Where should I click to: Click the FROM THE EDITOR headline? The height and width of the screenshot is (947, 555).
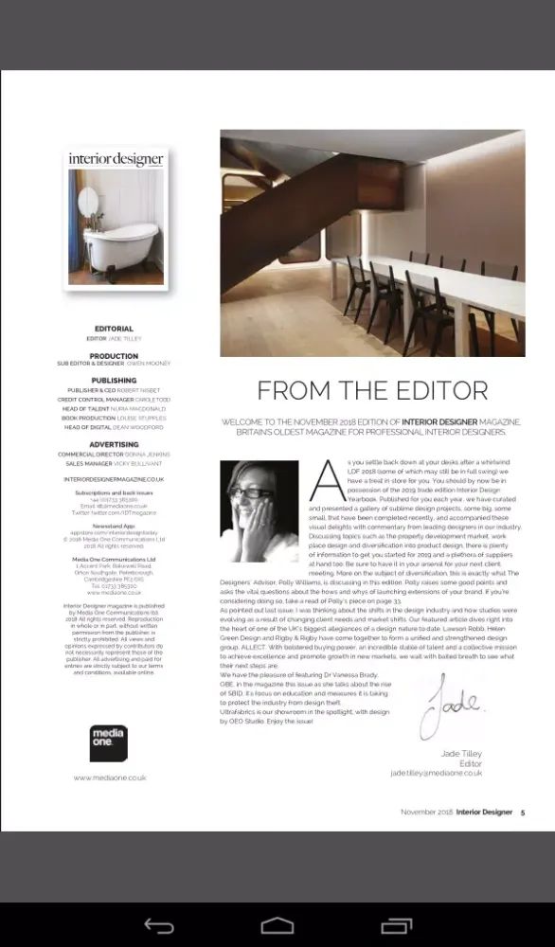(372, 391)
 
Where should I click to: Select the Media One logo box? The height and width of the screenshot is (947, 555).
(108, 743)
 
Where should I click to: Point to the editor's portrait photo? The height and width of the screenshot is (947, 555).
(260, 509)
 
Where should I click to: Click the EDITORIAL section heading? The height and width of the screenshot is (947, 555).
(114, 329)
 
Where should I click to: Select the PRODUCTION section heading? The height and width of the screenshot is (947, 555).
(114, 356)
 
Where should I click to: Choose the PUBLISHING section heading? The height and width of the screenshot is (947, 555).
(114, 381)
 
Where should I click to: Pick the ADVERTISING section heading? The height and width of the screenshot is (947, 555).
(114, 444)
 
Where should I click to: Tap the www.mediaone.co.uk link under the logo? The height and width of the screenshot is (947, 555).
(110, 777)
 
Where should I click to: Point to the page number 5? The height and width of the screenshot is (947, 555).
(522, 813)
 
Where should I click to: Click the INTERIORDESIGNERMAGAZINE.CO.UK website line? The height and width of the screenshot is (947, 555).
(114, 480)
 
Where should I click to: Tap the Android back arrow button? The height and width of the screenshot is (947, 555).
(159, 924)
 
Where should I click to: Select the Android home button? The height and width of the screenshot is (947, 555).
(277, 924)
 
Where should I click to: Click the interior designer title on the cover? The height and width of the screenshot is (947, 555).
(116, 158)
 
